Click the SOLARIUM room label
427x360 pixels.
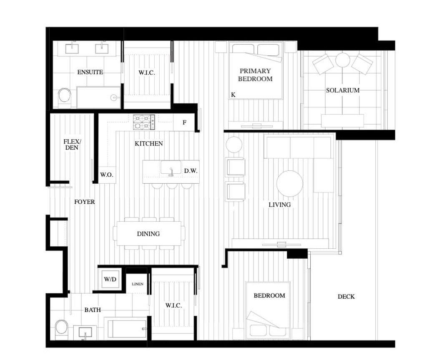[343, 90]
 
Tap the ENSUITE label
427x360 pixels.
[90, 72]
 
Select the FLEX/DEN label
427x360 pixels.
[72, 145]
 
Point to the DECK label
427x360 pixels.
[346, 297]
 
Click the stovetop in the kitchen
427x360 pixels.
[144, 122]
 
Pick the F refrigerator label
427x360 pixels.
[184, 122]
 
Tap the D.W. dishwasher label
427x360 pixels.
[191, 171]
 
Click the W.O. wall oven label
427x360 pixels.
[107, 175]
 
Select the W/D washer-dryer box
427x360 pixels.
[110, 279]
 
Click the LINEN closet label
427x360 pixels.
[138, 284]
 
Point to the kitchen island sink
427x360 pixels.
[171, 168]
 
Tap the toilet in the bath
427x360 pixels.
[62, 330]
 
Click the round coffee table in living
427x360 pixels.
[290, 183]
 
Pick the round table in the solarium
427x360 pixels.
[343, 60]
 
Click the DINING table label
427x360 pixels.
[148, 234]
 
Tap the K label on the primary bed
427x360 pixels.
[233, 95]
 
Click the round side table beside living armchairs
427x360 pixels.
[234, 145]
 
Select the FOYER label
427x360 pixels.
[84, 202]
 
